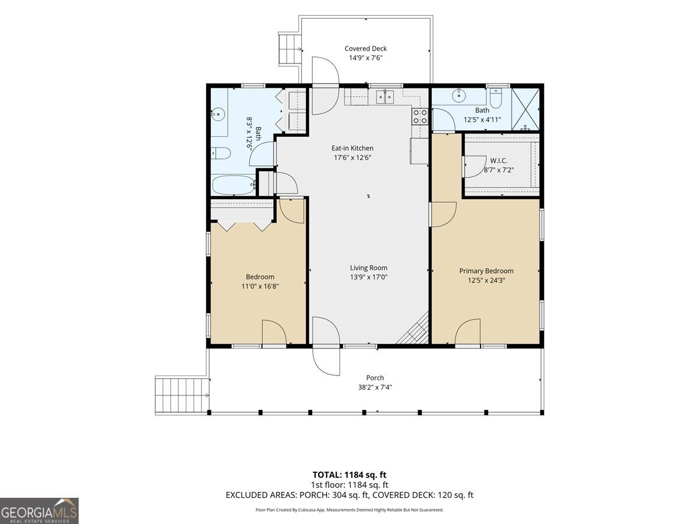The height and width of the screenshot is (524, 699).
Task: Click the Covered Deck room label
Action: [366, 49]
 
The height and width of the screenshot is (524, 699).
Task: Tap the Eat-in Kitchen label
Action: [352, 148]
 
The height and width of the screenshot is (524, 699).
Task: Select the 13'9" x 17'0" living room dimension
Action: [369, 277]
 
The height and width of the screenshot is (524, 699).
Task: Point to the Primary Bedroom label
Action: [486, 271]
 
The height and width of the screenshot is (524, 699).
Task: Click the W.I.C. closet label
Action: [499, 161]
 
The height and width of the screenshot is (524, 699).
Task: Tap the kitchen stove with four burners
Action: [420, 116]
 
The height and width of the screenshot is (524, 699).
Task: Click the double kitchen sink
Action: [384, 97]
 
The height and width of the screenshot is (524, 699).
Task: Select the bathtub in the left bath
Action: [234, 185]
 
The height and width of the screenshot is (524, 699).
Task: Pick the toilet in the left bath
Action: [221, 153]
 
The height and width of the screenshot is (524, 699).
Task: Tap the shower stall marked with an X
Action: [525, 109]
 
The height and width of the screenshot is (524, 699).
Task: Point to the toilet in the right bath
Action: [496, 98]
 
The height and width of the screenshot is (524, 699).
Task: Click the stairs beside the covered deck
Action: [290, 49]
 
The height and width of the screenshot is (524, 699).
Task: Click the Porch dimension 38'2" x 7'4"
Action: [375, 387]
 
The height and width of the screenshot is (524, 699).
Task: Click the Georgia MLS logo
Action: [39, 511]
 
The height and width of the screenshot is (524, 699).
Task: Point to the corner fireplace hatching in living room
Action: [413, 328]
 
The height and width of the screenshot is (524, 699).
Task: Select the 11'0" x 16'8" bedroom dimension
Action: [260, 286]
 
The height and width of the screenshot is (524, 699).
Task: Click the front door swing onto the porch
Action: [326, 360]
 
